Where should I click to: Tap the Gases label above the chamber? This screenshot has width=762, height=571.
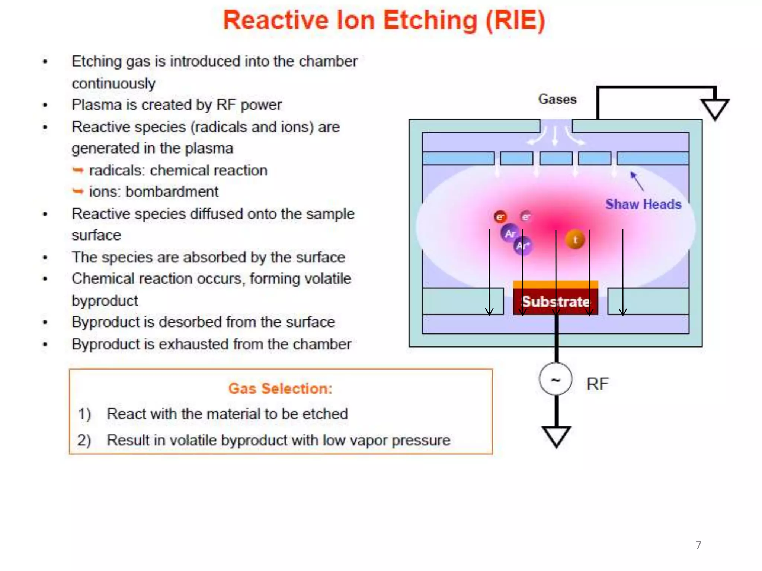click(557, 99)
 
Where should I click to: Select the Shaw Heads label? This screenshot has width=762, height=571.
click(643, 204)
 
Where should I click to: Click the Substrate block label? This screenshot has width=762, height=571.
click(556, 301)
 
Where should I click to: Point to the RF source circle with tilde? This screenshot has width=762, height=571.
click(556, 379)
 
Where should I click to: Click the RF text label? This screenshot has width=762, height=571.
click(598, 384)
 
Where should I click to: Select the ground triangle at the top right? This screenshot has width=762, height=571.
click(715, 109)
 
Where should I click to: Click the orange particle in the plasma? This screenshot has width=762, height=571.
click(575, 240)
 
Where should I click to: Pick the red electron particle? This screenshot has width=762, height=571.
click(500, 216)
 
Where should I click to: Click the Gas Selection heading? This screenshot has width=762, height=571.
click(280, 388)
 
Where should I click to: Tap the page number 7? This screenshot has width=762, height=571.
click(698, 545)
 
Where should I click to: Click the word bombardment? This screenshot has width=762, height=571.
click(172, 192)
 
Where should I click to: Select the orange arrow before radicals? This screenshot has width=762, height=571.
click(78, 171)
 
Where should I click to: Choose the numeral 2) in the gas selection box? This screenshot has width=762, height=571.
click(84, 440)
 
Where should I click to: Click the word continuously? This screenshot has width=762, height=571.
click(113, 84)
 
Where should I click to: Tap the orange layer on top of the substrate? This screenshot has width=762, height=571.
click(555, 285)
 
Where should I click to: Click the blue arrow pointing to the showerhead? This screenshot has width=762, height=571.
click(637, 181)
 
